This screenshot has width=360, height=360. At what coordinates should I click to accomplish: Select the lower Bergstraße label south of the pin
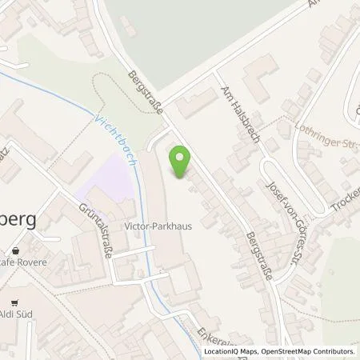258,258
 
